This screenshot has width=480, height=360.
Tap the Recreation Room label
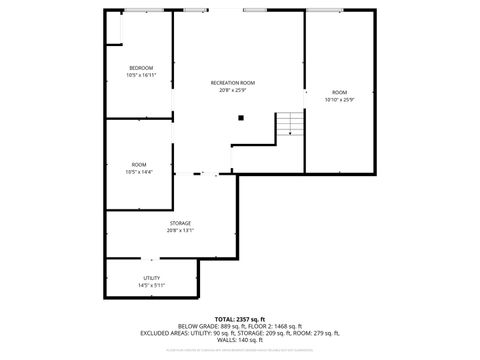[232, 82]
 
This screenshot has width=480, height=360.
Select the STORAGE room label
[180, 223]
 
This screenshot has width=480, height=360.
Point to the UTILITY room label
[152, 278]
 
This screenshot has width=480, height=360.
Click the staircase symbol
[288, 124]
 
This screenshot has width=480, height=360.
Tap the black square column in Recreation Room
[241, 118]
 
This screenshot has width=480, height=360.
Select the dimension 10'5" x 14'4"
[138, 172]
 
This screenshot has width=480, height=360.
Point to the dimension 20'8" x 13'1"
[180, 231]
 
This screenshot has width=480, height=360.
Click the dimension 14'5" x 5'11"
[152, 286]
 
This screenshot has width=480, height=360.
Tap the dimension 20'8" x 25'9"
[232, 90]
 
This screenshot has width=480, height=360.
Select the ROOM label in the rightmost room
[340, 92]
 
